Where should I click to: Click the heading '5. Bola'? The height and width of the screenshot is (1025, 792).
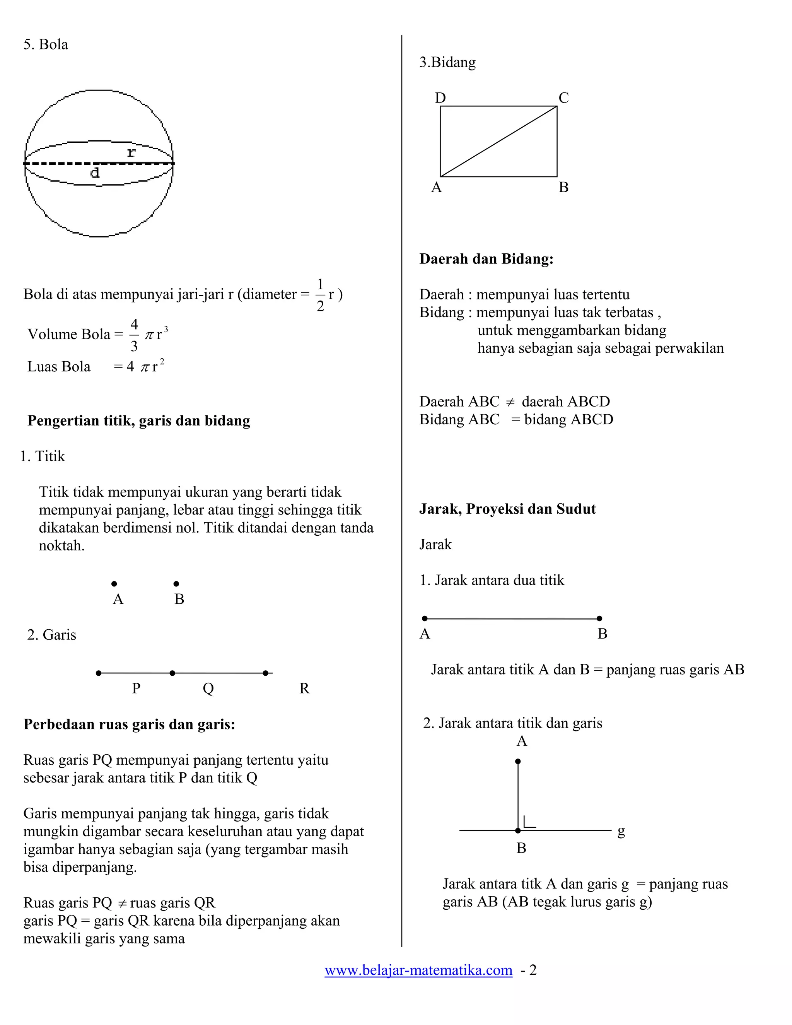click(46, 44)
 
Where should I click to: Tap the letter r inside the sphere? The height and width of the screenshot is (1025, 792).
click(131, 152)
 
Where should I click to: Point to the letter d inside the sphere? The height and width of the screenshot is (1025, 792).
click(95, 173)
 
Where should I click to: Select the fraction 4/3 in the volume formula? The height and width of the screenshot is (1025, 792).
click(134, 335)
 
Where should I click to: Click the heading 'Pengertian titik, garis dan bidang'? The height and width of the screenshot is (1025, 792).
click(138, 420)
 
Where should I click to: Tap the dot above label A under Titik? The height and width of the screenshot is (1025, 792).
click(114, 584)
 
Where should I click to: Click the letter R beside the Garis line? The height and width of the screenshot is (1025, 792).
click(304, 688)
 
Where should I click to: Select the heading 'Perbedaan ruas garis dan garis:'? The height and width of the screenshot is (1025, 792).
click(129, 724)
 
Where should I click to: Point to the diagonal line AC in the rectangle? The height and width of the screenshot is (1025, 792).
click(499, 141)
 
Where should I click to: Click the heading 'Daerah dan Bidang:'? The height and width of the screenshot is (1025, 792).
click(486, 259)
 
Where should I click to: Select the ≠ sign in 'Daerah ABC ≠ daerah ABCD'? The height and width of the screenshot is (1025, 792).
click(510, 402)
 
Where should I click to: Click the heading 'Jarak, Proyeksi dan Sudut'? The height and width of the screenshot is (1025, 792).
click(507, 509)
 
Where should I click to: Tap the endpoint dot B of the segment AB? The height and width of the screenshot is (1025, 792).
click(599, 618)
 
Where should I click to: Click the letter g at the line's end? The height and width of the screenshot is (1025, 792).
click(621, 831)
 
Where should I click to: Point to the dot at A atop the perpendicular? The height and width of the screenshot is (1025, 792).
click(517, 761)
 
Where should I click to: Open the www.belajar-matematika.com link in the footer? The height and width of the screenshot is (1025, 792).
click(418, 970)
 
